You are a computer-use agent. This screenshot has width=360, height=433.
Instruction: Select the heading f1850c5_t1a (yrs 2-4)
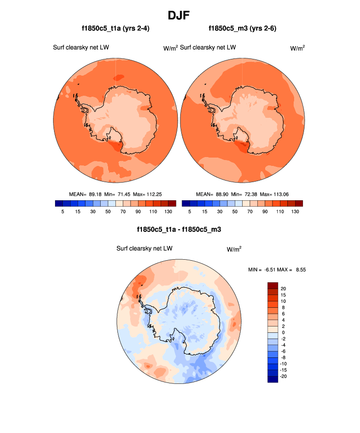(115, 28)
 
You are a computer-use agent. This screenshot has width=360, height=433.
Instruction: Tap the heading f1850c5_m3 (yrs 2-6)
(243, 28)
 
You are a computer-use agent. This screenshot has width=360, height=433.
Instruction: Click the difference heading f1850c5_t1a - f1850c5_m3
(179, 229)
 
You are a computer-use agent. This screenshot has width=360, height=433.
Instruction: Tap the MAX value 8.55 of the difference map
(300, 270)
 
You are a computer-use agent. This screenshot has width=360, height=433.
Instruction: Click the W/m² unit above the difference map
(234, 249)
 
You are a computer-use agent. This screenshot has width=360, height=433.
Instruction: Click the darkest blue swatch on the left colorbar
(59, 203)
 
